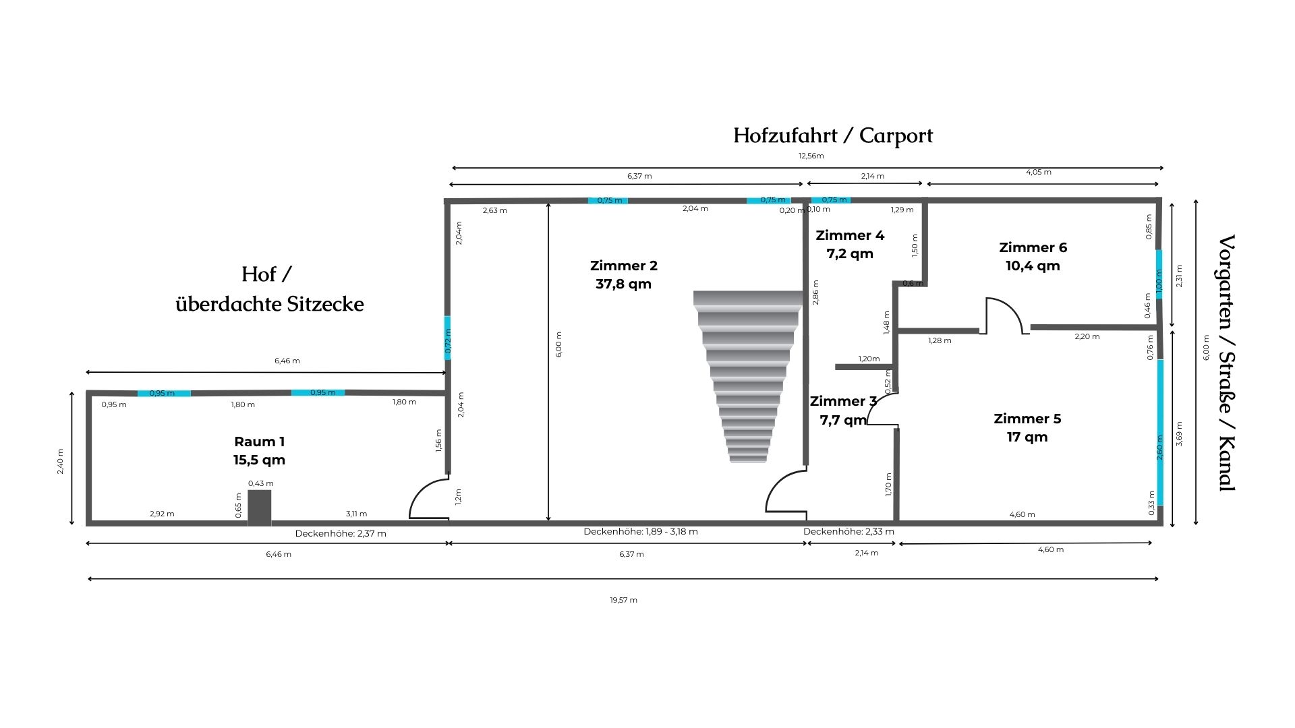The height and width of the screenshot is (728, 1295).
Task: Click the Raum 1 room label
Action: [260, 451]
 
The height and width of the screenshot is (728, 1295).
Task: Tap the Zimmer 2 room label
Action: [624, 275]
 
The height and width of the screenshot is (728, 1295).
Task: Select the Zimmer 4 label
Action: [850, 245]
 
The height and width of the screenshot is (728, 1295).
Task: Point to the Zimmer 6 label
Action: [1033, 257]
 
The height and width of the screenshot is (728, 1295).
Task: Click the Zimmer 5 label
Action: [1027, 428]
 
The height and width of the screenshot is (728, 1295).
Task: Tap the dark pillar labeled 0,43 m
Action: [260, 507]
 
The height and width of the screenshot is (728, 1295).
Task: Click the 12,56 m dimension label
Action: [811, 156]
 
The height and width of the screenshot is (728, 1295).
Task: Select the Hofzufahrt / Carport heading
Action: [833, 135]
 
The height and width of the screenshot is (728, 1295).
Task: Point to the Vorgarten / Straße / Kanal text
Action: [1226, 363]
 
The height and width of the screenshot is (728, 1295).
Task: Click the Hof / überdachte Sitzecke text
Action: [269, 289]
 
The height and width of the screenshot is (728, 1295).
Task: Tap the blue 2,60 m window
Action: [1160, 433]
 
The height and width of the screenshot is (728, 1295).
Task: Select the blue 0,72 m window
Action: [448, 338]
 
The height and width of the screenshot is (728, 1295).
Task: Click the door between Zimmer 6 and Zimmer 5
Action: [1004, 315]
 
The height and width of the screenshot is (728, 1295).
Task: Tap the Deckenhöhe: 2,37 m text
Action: [341, 534]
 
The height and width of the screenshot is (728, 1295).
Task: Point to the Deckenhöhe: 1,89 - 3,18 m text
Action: [641, 532]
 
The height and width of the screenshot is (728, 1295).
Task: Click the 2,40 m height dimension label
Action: [60, 462]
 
